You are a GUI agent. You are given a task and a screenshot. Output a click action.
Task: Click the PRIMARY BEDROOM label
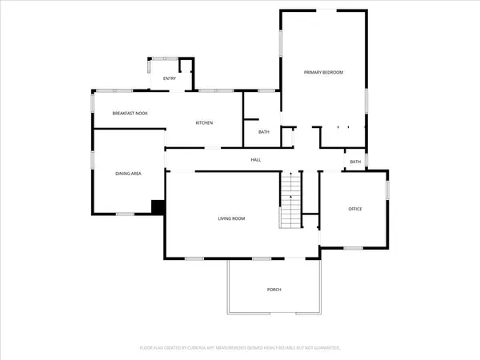coord(323,73)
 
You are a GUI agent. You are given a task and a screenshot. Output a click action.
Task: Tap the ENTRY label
coord(170,78)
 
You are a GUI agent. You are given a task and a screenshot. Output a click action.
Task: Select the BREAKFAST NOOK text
coord(130,114)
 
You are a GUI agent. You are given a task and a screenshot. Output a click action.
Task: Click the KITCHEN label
coord(204,122)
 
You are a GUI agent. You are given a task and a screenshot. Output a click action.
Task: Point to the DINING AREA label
coord(129,174)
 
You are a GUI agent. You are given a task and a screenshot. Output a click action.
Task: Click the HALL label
coord(256,160)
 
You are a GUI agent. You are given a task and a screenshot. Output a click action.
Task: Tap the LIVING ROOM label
coord(231,218)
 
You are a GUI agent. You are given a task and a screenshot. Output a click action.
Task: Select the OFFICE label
coord(355,209)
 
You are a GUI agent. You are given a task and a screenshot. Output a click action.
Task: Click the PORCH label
coord(274,290)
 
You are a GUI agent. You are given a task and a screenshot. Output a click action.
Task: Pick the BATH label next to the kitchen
coord(263,132)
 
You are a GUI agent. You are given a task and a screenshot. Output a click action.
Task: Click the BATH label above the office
coord(355,162)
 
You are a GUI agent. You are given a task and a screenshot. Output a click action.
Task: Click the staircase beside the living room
coord(290,202)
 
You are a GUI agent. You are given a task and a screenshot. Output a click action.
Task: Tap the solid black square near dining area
coord(158,207)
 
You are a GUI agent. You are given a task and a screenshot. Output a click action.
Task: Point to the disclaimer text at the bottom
coord(240,348)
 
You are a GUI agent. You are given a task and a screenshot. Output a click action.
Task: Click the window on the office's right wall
coord(388,190)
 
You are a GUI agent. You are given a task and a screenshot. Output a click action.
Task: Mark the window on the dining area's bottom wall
coord(125,214)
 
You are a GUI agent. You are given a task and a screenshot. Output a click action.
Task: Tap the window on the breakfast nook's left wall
coord(92,104)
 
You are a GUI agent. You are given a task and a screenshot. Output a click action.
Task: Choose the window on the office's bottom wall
coord(354,249)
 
